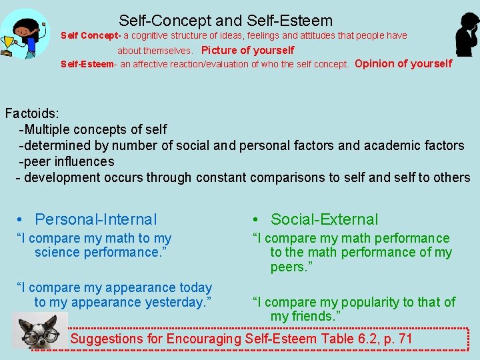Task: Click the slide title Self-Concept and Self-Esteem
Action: [x=225, y=21]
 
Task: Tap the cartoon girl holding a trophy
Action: [x=25, y=33]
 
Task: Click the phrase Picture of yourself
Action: [x=247, y=50]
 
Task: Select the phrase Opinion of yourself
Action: [x=403, y=64]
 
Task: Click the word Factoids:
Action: [x=31, y=113]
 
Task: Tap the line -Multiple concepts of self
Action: [x=93, y=129]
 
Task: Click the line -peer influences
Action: [x=66, y=161]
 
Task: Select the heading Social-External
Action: [x=324, y=219]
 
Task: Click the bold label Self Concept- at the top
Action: [x=90, y=35]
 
